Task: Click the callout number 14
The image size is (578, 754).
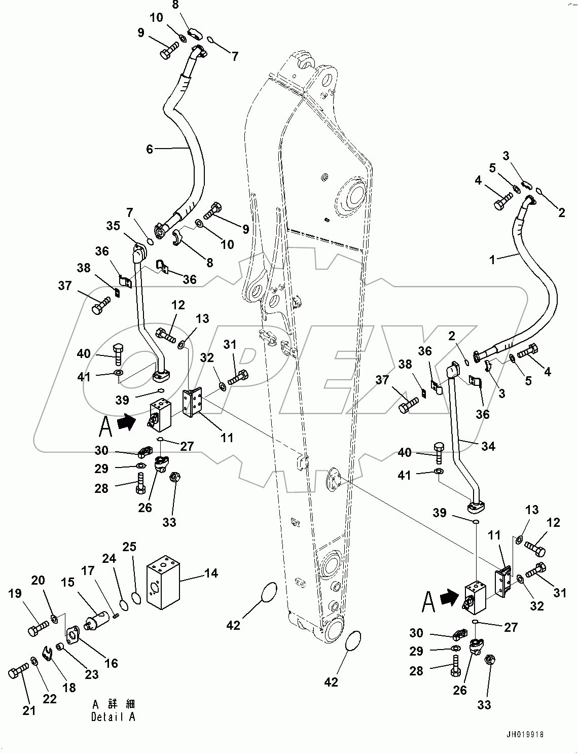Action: tap(210, 573)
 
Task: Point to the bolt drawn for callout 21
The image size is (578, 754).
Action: tap(19, 672)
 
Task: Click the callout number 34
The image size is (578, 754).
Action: tap(488, 446)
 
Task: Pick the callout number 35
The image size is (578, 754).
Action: tap(114, 225)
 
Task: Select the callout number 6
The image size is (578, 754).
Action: tap(149, 149)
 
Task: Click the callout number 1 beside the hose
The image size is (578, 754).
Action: tap(491, 260)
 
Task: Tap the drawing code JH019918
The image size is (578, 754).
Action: tap(527, 734)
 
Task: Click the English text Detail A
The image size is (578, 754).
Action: tap(114, 717)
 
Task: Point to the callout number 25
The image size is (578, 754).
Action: tap(130, 547)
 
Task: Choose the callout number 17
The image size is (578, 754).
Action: tap(88, 570)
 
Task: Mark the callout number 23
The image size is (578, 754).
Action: tap(92, 674)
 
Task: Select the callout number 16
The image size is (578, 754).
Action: tap(111, 663)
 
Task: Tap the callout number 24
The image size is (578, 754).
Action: tap(110, 558)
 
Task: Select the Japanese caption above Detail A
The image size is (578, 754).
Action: tap(114, 704)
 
